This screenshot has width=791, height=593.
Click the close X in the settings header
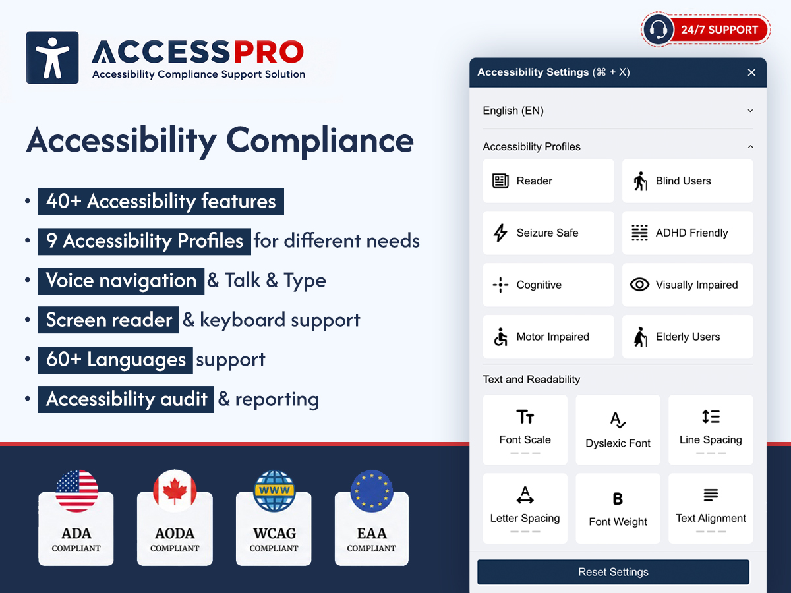[751, 72]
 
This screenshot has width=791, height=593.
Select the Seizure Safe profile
[548, 233]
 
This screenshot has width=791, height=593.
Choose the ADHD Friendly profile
[688, 233]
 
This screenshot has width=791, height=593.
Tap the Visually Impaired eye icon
[639, 285]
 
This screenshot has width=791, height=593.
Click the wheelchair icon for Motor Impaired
[500, 337]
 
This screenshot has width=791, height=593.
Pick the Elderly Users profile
[688, 337]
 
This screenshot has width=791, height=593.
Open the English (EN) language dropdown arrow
[750, 111]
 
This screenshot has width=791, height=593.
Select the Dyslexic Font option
[618, 430]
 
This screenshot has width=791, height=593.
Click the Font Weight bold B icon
[618, 499]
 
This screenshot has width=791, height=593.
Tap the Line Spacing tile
[711, 430]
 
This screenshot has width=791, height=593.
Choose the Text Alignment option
[711, 509]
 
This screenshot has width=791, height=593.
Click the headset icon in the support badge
[659, 30]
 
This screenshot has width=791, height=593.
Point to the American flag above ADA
[76, 491]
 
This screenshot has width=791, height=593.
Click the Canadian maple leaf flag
[175, 491]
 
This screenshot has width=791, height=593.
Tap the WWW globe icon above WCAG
[274, 491]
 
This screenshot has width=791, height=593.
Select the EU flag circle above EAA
[372, 491]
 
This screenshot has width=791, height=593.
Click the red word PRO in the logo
[269, 52]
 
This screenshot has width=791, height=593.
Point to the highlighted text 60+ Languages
[115, 360]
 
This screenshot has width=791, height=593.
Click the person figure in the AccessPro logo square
[53, 57]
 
